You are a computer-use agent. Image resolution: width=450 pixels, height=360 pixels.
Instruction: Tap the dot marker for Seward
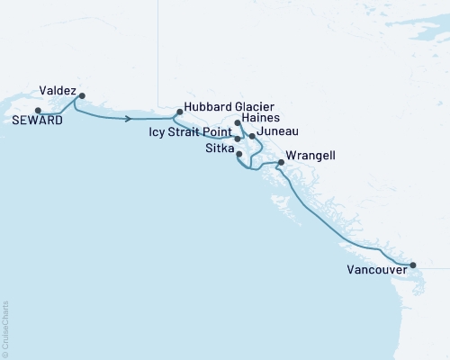(37, 111)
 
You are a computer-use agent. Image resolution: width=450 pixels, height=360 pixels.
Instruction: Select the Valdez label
(58, 90)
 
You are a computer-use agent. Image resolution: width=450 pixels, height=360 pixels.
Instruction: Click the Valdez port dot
(82, 95)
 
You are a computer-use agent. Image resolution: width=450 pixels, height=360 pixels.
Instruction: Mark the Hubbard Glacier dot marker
(179, 112)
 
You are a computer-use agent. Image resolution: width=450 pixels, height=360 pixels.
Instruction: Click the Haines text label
(263, 118)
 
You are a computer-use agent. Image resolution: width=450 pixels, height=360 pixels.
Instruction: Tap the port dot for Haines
(237, 122)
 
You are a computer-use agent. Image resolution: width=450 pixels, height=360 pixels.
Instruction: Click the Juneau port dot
(252, 136)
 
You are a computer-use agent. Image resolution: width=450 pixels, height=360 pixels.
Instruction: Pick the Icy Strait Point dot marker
(238, 139)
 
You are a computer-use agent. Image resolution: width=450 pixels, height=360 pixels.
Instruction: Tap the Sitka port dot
(238, 154)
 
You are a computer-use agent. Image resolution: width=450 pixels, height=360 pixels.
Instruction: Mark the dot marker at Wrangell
(281, 163)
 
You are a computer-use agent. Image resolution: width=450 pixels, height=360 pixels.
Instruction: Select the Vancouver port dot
(413, 265)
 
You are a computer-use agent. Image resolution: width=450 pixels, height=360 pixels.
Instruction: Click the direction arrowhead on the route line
(131, 118)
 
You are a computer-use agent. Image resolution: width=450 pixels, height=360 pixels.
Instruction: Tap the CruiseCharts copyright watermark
(5, 328)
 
